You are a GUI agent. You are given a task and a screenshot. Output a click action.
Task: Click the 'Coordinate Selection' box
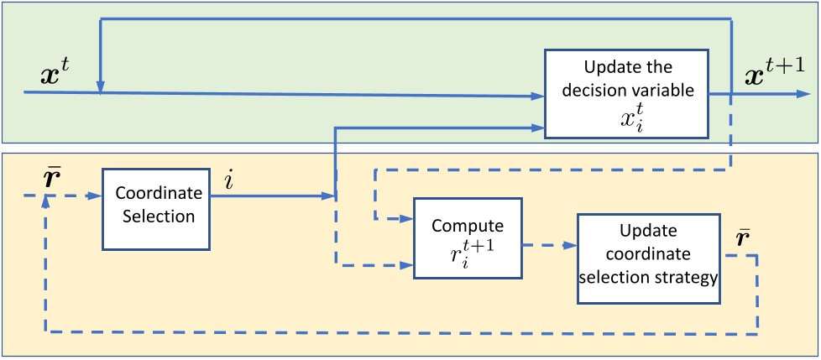[153, 208]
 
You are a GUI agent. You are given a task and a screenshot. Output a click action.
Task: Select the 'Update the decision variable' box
[625, 92]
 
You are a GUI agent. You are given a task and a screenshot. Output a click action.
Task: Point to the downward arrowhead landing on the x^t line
[100, 86]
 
